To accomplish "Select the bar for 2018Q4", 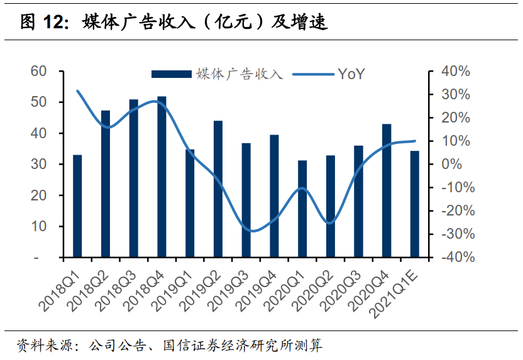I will point(162,177).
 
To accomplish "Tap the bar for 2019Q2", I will point(218,189).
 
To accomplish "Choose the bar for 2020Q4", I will point(387,191).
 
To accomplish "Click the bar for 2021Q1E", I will point(414,204).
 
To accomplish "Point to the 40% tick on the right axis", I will point(455,71).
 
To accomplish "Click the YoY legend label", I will point(351,74).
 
